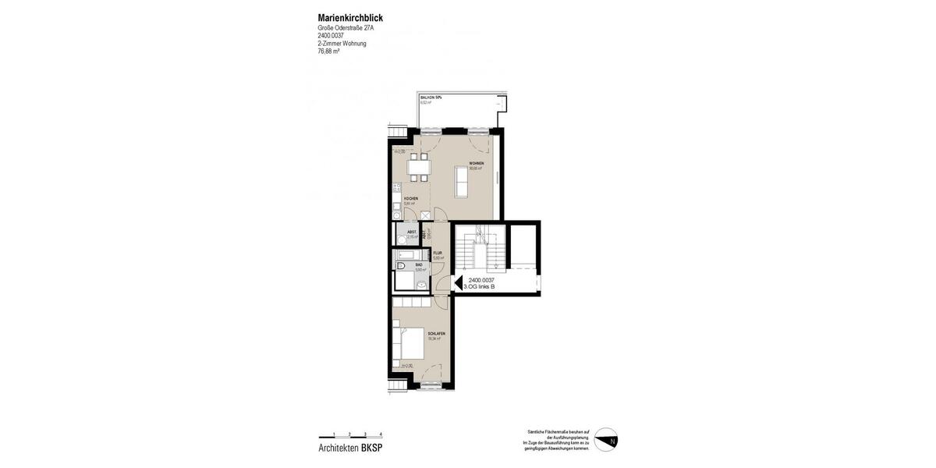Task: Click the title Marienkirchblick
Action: tap(350, 18)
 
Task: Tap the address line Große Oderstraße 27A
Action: tap(346, 28)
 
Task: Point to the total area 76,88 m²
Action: tap(328, 51)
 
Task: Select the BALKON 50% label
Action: tap(431, 97)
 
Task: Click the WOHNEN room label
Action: tap(476, 164)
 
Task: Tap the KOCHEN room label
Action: tap(410, 199)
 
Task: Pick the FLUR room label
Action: tap(438, 253)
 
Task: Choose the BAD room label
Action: tap(419, 265)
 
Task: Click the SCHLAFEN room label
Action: tap(436, 334)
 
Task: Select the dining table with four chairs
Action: tap(418, 167)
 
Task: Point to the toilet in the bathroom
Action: tap(422, 285)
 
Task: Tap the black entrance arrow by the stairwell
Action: tap(459, 283)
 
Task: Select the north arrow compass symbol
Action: tap(606, 439)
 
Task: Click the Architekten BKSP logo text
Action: tap(350, 448)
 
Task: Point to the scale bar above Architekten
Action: tap(350, 435)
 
